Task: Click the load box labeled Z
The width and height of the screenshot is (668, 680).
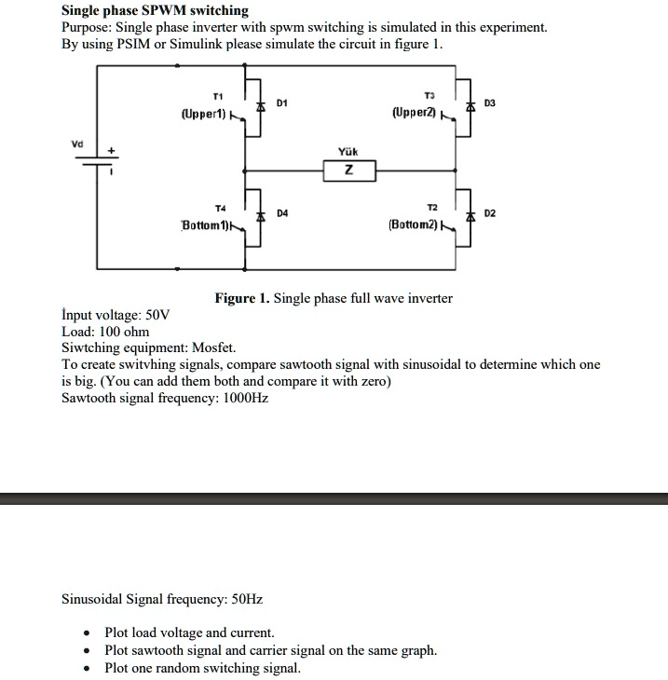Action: click(x=349, y=170)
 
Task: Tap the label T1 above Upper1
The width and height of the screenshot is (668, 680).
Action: click(x=217, y=97)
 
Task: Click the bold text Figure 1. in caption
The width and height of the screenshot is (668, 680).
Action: click(x=242, y=298)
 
